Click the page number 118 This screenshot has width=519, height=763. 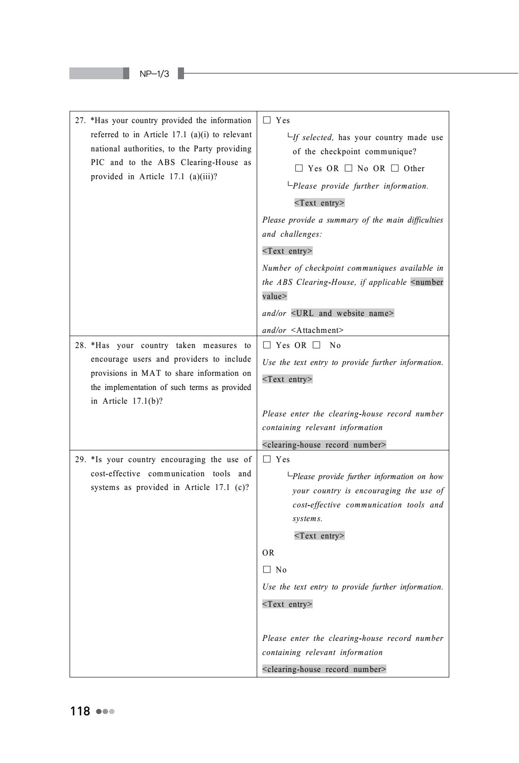80,711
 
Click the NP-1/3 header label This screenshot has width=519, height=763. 154,74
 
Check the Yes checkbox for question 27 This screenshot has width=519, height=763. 267,120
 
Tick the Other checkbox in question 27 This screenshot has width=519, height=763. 395,168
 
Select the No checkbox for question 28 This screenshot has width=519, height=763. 316,345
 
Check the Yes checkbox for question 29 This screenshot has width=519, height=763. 267,459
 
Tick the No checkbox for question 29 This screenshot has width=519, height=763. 267,570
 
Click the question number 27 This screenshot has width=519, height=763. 80,121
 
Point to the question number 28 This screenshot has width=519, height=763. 80,346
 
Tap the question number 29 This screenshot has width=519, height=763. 80,460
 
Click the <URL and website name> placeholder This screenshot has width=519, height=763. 343,313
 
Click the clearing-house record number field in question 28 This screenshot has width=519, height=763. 324,445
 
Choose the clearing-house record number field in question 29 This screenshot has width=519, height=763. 324,669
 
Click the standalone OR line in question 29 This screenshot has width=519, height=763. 268,553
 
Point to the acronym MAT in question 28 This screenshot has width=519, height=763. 151,373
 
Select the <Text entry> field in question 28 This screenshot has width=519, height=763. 287,379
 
